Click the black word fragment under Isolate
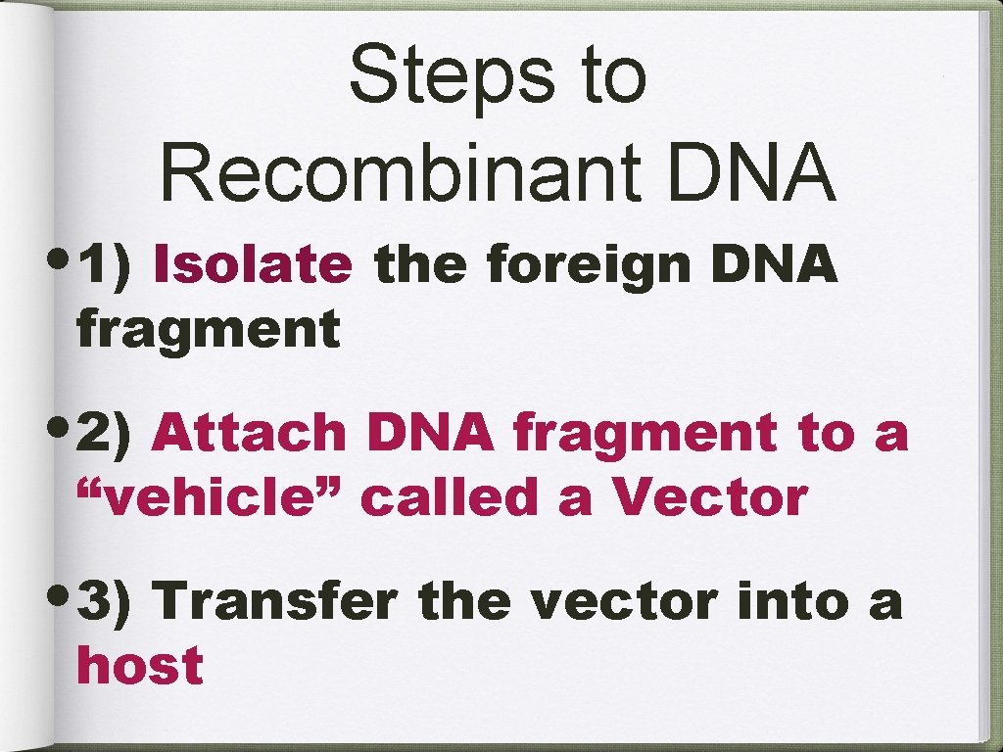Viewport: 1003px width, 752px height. tap(208, 329)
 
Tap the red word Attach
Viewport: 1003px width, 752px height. tap(250, 433)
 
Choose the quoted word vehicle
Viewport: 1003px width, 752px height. tap(210, 497)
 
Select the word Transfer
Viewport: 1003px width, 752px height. tap(276, 601)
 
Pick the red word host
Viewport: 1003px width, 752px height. tap(140, 666)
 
